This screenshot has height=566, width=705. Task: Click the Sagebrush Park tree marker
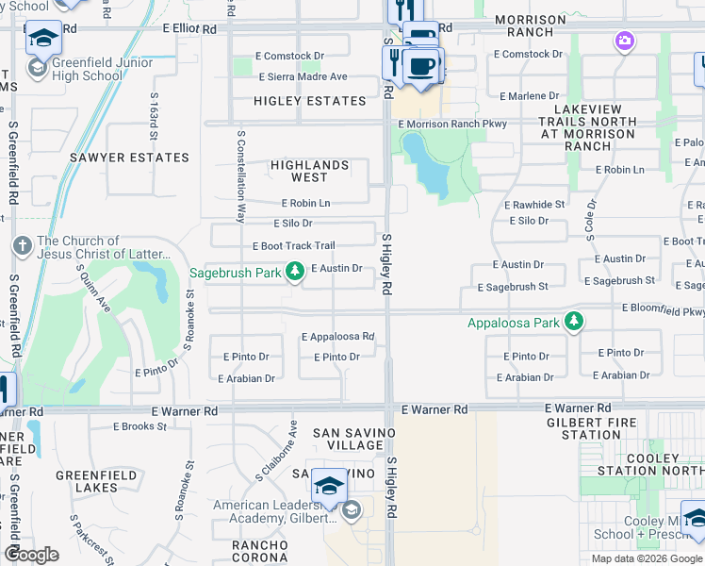click(x=295, y=273)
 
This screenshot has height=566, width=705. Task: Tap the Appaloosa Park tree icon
click(x=573, y=323)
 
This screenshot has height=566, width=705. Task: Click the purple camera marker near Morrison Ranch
click(x=623, y=41)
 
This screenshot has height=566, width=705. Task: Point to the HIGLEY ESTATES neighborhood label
click(x=309, y=101)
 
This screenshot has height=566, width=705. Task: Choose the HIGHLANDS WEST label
click(x=309, y=171)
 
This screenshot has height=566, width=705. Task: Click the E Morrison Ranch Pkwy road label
click(x=452, y=124)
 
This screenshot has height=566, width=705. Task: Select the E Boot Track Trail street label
click(x=293, y=246)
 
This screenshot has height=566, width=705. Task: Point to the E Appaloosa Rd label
click(x=337, y=337)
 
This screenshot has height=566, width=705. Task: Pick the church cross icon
click(x=23, y=246)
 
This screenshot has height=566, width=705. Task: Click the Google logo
click(x=32, y=555)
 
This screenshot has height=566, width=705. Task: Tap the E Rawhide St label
click(x=533, y=204)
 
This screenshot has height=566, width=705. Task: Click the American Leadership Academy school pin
click(x=330, y=484)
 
